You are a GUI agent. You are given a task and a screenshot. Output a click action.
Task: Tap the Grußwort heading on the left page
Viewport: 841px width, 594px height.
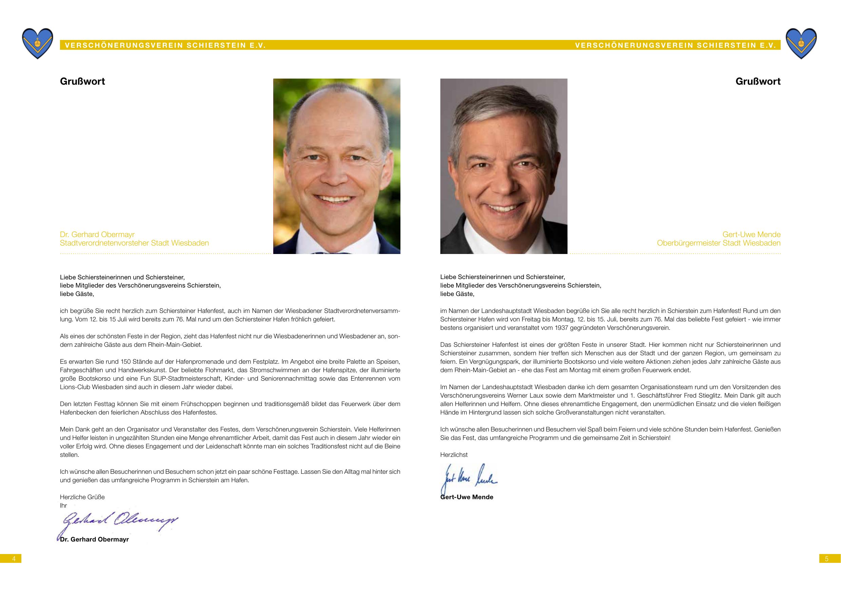coord(82,81)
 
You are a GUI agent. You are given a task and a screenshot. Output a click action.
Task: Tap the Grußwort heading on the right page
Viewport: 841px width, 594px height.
coord(758,81)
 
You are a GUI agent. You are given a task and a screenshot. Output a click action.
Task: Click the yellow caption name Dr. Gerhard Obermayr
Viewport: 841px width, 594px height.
coord(97,234)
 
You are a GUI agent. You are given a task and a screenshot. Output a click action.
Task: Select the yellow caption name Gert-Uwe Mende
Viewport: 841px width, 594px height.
coord(751,234)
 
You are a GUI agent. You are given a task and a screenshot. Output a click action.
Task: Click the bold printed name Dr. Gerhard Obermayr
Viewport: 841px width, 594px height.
coord(95,539)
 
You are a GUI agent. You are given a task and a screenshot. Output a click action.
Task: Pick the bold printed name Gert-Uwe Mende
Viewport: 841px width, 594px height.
coord(467,497)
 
